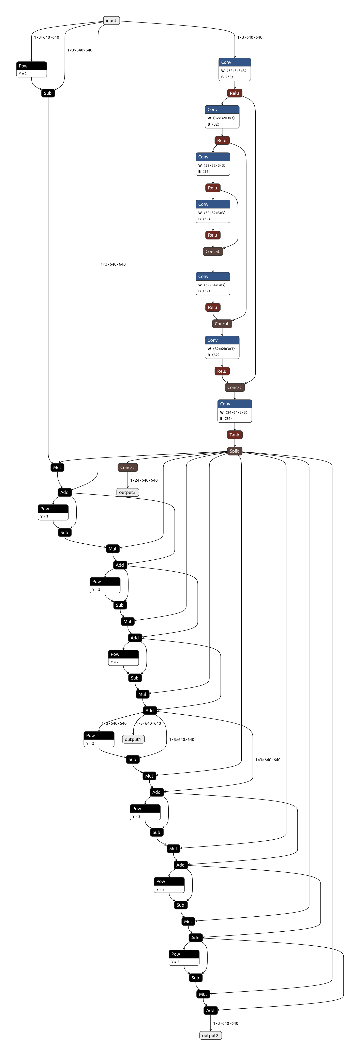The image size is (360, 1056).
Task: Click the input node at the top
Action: pos(111,20)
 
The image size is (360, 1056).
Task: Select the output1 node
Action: pos(133,739)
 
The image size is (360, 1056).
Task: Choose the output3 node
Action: pos(127,492)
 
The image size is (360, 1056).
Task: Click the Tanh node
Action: pos(235,435)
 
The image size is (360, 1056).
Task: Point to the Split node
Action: pos(235,451)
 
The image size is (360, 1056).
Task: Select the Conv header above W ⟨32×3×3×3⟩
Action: pos(235,62)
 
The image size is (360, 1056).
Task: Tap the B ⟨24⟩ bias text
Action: pos(226,419)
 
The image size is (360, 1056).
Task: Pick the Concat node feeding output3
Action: pos(127,467)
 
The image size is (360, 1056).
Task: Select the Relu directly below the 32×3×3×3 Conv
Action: pos(235,93)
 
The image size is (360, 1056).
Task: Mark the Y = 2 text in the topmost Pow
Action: pos(23,74)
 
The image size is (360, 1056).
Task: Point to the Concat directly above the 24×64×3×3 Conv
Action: pos(235,387)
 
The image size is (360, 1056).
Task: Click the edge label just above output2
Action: pos(226,1023)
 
